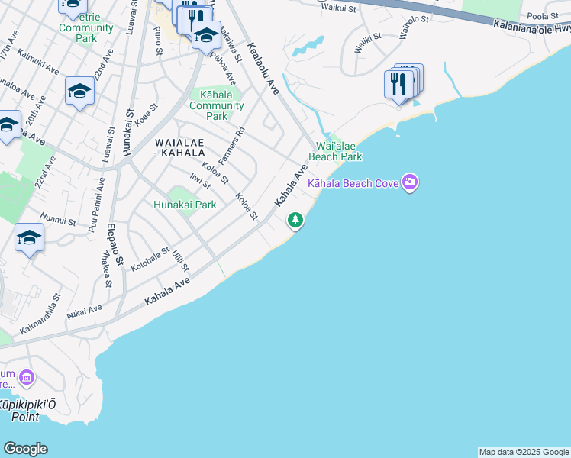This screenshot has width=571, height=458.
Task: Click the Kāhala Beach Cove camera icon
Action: point(411,182)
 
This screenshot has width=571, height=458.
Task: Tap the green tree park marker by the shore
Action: point(295,221)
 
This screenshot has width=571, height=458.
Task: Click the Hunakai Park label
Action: point(185,205)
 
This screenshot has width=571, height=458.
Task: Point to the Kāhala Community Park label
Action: point(217,105)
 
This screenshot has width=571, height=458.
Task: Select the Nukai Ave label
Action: point(84,311)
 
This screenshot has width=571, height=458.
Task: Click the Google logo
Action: point(25,449)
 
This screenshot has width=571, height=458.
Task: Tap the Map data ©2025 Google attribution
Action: point(524,452)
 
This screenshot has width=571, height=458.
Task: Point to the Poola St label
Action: point(543,16)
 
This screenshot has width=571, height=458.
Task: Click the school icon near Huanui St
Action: point(29,238)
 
